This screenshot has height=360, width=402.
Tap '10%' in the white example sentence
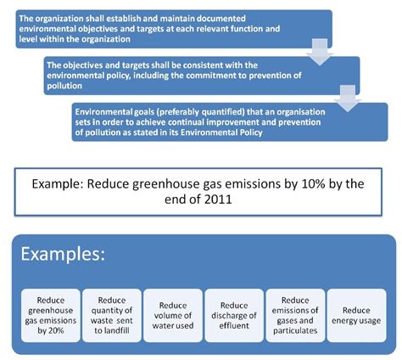click(x=302, y=183)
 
